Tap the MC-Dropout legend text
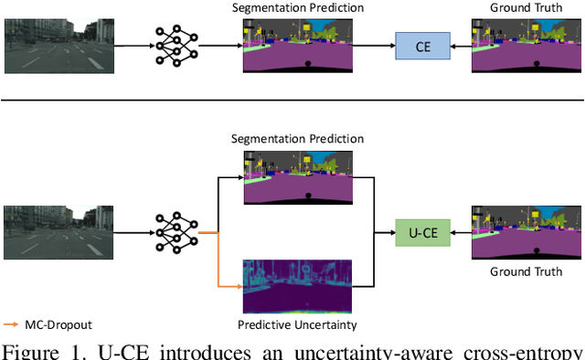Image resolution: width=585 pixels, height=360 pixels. [58, 324]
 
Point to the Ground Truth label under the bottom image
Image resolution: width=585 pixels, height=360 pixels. [526, 270]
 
